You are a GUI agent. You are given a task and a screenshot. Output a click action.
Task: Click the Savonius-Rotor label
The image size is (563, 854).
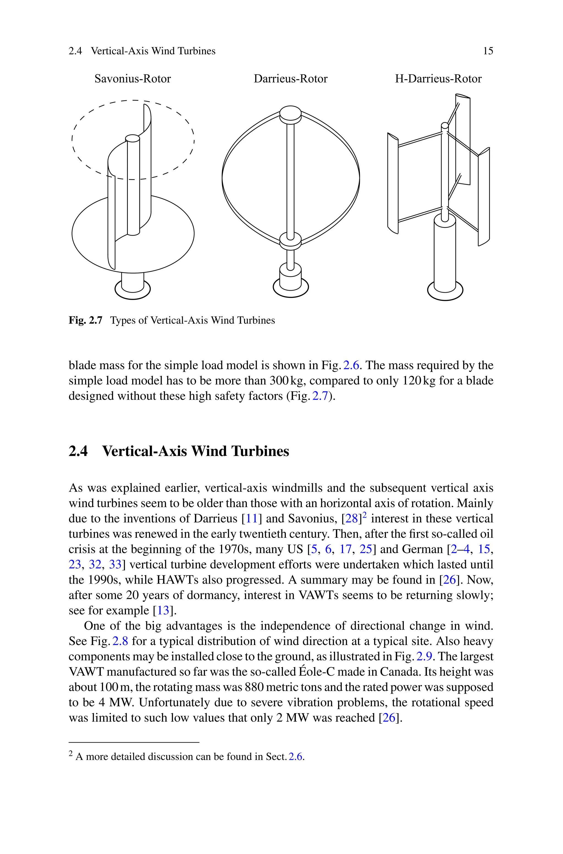[133, 79]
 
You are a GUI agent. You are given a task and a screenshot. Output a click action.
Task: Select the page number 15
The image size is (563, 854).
[488, 51]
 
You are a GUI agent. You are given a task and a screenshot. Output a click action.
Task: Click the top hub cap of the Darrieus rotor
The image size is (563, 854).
[290, 113]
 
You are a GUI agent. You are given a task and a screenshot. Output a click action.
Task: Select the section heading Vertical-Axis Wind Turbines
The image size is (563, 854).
[195, 451]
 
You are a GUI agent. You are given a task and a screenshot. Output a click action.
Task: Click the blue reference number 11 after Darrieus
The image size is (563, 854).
[251, 518]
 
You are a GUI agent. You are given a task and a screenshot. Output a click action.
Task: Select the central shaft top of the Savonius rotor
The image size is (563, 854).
[133, 139]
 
